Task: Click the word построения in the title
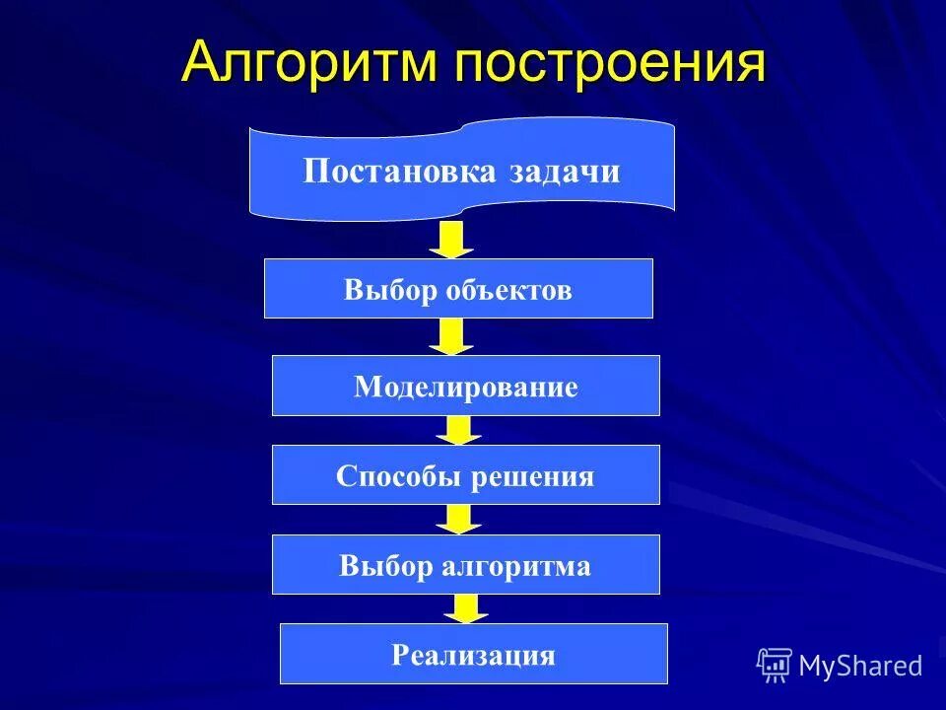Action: [x=610, y=63]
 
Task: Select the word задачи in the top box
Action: [x=566, y=171]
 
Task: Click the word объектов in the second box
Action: [x=508, y=290]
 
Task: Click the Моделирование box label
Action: [x=466, y=387]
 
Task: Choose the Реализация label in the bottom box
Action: [x=474, y=655]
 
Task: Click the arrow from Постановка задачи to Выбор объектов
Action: [x=451, y=240]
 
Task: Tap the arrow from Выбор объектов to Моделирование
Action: [x=451, y=336]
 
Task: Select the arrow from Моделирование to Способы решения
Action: [x=457, y=430]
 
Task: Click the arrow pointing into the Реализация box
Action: [x=465, y=608]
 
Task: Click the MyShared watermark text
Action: [x=860, y=666]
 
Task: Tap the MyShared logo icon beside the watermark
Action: [x=775, y=665]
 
